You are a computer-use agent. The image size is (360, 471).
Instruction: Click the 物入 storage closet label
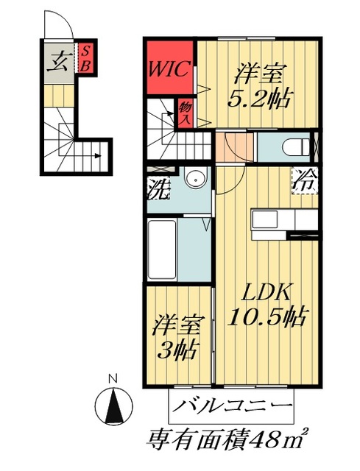185,112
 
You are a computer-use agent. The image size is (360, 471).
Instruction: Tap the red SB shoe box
85,58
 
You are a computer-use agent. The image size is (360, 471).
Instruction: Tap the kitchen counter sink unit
283,221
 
